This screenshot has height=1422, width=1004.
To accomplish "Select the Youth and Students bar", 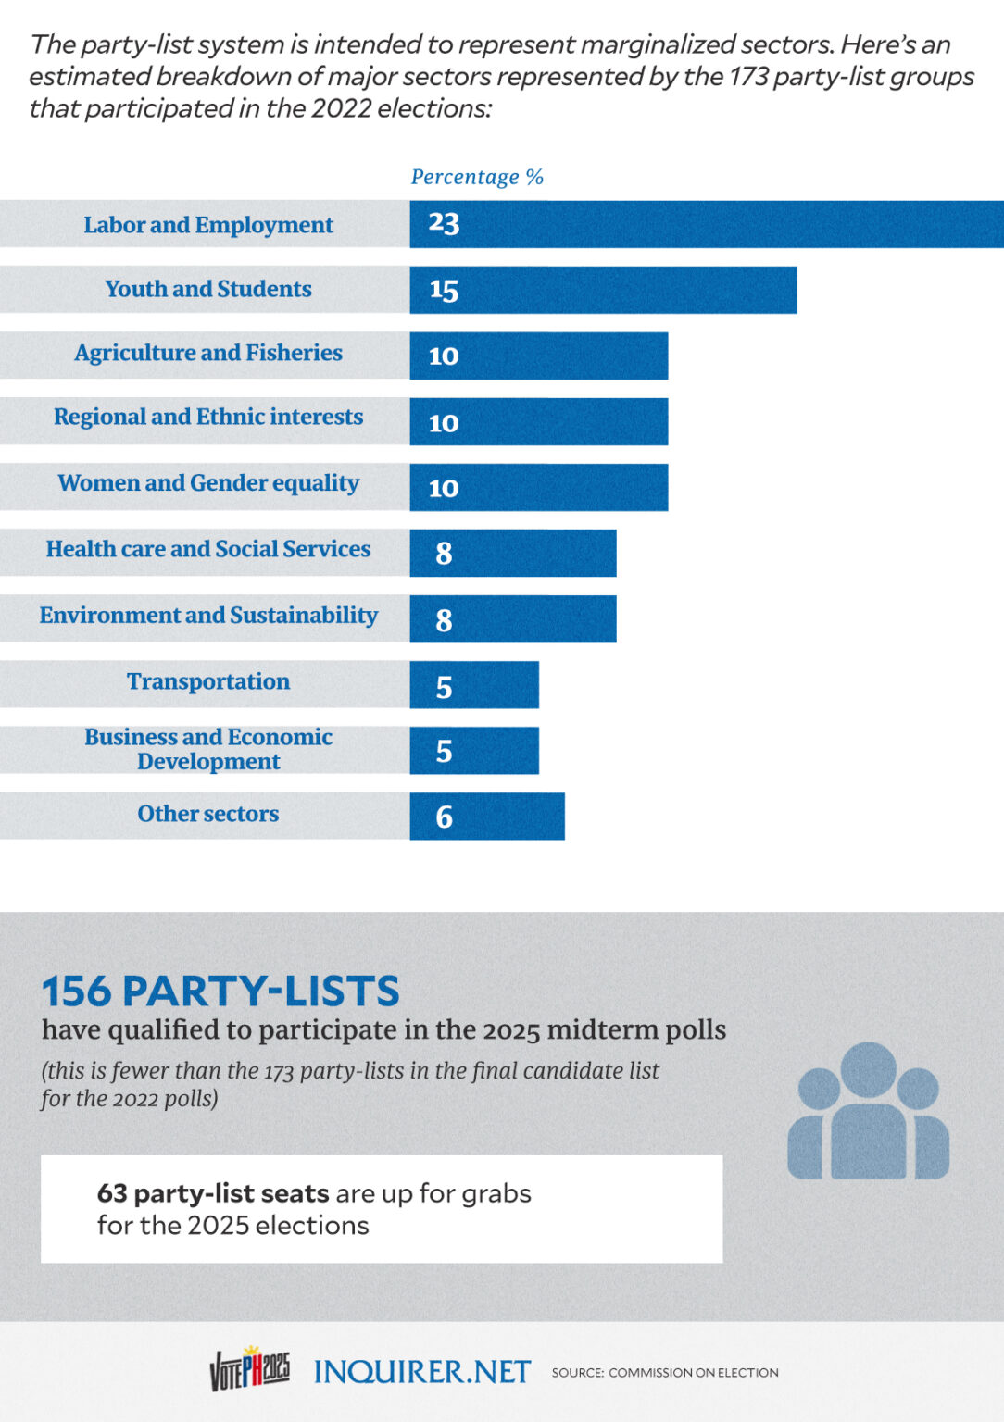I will pyautogui.click(x=603, y=290).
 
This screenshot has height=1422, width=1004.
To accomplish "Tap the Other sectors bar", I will pyautogui.click(x=487, y=816).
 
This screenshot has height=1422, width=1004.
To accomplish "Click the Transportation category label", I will pyautogui.click(x=208, y=681).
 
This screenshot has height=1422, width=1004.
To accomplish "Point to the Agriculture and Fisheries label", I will pyautogui.click(x=208, y=353).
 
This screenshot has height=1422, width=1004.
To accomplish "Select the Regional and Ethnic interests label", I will pyautogui.click(x=208, y=417).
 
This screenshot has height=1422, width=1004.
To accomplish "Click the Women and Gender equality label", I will pyautogui.click(x=208, y=483).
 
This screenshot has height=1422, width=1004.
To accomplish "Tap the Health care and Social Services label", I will pyautogui.click(x=208, y=549).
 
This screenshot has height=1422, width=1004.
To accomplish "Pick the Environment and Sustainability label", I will pyautogui.click(x=208, y=616).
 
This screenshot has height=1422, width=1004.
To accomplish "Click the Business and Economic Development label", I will pyautogui.click(x=208, y=749).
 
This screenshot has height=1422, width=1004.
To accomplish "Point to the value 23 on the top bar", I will pyautogui.click(x=444, y=223).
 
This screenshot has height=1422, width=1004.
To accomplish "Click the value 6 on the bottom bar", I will pyautogui.click(x=444, y=817).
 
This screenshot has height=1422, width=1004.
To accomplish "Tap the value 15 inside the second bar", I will pyautogui.click(x=444, y=290).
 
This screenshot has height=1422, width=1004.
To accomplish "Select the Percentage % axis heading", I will pyautogui.click(x=477, y=177).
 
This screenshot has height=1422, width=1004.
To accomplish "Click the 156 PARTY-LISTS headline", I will pyautogui.click(x=220, y=991).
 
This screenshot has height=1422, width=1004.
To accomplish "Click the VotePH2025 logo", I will pyautogui.click(x=250, y=1368).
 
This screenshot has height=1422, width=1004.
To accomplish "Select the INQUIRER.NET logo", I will pyautogui.click(x=421, y=1371).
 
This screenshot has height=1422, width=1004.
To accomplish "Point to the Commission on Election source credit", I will pyautogui.click(x=665, y=1372).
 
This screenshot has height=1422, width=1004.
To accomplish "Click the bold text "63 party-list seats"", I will pyautogui.click(x=213, y=1193).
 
